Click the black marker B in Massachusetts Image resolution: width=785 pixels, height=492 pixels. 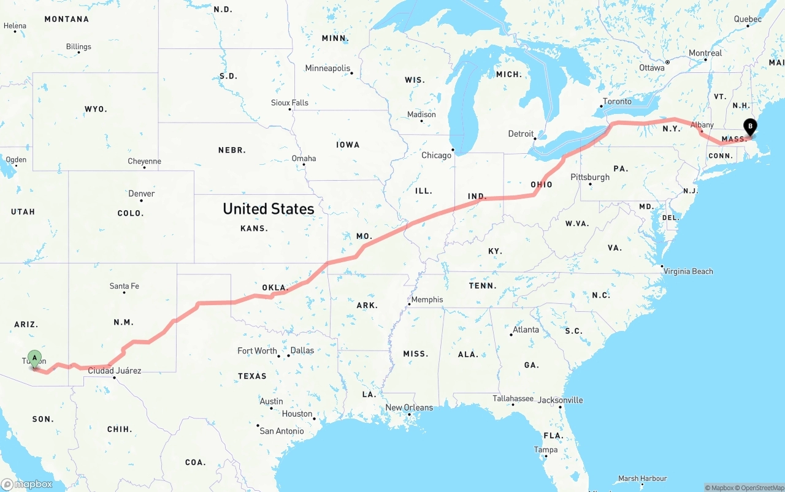pyautogui.click(x=749, y=127)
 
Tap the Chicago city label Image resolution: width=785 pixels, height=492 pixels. pyautogui.click(x=436, y=155)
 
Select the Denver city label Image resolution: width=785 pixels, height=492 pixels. pyautogui.click(x=141, y=194)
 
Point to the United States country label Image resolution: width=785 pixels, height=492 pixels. pyautogui.click(x=268, y=209)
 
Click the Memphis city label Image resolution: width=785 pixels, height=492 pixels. pyautogui.click(x=427, y=300)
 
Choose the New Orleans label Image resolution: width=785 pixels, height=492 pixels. pyautogui.click(x=409, y=407)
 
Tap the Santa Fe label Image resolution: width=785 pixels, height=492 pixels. pyautogui.click(x=124, y=286)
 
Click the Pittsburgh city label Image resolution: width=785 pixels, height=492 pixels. pyautogui.click(x=590, y=177)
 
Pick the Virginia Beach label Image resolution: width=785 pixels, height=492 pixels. pyautogui.click(x=688, y=271)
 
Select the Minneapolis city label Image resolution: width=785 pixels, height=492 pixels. pyautogui.click(x=327, y=68)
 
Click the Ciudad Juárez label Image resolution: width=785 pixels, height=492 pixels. pyautogui.click(x=115, y=371)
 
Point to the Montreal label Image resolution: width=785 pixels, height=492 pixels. pyautogui.click(x=705, y=53)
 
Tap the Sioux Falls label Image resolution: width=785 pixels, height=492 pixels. pyautogui.click(x=289, y=102)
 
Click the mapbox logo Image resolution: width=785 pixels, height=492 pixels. pyautogui.click(x=27, y=484)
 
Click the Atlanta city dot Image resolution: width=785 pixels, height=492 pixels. pyautogui.click(x=511, y=335)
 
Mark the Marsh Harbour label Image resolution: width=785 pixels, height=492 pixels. pyautogui.click(x=643, y=479)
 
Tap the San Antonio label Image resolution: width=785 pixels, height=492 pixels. pyautogui.click(x=281, y=431)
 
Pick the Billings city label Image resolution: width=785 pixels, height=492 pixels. pyautogui.click(x=78, y=47)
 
